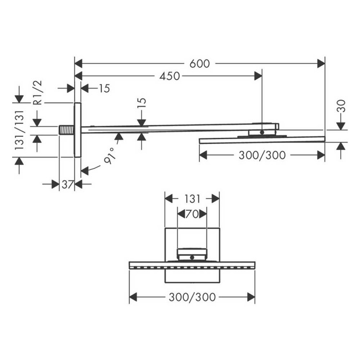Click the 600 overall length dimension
tap(199, 63)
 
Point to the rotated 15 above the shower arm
tap(142, 105)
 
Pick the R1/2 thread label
tap(38, 92)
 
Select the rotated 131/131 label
tap(19, 130)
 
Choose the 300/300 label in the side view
tap(262, 155)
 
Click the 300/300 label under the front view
tap(192, 298)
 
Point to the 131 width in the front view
tap(192, 199)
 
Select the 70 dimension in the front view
tap(192, 214)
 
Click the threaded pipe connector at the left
tap(66, 130)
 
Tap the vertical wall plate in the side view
tap(77, 130)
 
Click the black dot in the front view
tap(192, 257)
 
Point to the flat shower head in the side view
tap(262, 140)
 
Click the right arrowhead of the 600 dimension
tap(321, 63)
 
